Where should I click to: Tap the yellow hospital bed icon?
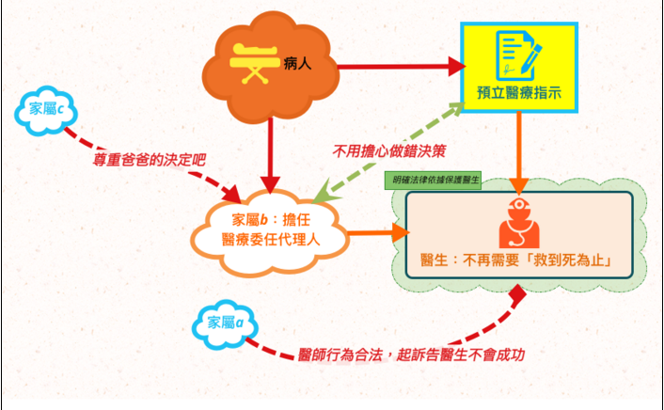coord(253,62)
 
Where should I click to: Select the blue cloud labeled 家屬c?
coord(46,110)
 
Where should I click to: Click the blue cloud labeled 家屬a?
coord(227,323)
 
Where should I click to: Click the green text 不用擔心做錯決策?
coord(388,149)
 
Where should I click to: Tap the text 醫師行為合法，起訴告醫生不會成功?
coord(409,355)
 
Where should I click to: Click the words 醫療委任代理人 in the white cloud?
coord(272,240)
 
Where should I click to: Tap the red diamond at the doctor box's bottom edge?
coord(515,292)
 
